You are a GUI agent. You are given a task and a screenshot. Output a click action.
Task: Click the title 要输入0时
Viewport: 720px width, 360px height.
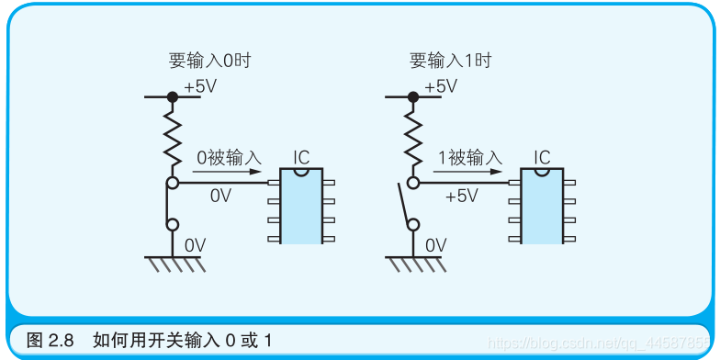coord(209,62)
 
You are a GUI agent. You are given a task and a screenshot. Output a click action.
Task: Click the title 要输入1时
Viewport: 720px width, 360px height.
coord(450,62)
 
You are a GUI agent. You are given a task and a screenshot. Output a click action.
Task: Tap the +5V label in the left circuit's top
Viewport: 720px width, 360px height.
coord(201,86)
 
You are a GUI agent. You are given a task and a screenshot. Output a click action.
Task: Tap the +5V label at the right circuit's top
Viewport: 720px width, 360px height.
coord(440,86)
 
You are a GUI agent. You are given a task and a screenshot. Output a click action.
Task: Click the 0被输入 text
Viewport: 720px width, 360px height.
coord(229,158)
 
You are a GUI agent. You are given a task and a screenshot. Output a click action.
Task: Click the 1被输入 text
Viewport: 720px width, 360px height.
coord(469,158)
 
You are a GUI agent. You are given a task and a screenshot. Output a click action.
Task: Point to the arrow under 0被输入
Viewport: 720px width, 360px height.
coord(229,171)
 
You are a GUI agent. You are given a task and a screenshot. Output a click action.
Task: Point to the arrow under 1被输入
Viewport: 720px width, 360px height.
coord(468,171)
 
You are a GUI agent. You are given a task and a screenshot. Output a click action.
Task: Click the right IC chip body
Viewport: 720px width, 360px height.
coord(541,207)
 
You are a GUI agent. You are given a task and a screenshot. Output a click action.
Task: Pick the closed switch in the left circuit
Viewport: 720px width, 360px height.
coord(172,204)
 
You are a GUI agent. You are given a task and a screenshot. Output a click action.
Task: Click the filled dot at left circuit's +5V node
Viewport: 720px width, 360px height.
coord(172,96)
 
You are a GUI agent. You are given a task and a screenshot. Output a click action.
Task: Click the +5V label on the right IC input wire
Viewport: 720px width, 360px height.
coord(461,196)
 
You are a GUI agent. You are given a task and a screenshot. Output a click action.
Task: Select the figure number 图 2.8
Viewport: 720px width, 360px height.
coord(50,340)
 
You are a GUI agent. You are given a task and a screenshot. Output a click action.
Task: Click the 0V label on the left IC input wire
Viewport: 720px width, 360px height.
coord(220,196)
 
